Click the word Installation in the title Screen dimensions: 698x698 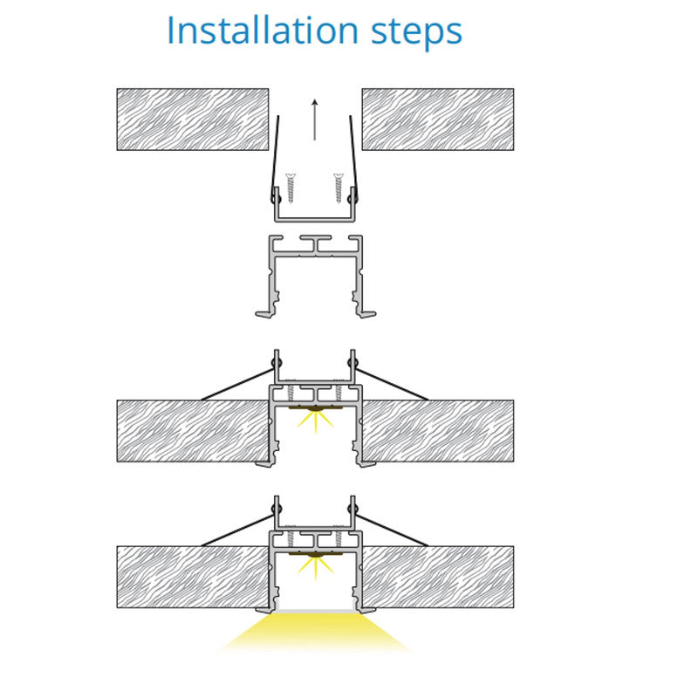pos(263,31)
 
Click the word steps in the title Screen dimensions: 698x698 pos(417,33)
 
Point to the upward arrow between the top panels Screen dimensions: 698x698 pos(315,120)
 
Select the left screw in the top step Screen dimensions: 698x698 pos(291,188)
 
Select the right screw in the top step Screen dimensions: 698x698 pos(339,188)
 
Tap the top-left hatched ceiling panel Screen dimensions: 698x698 pos(193,120)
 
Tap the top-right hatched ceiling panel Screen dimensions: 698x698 pos(438,120)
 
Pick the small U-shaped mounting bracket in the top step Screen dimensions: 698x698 pos(315,219)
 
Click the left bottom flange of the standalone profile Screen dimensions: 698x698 pos(265,314)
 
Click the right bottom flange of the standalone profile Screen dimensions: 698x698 pos(366,314)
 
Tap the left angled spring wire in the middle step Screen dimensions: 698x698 pos(237,384)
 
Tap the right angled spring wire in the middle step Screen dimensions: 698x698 pos(392,384)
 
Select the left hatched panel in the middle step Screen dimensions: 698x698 pos(193,431)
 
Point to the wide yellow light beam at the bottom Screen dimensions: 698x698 pos(315,632)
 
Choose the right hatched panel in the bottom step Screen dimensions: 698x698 pos(439,577)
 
